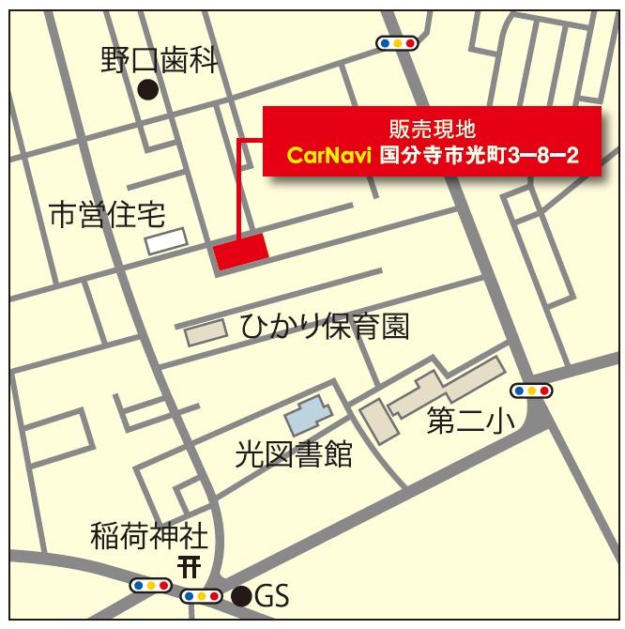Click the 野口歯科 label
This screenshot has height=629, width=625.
[x=160, y=62]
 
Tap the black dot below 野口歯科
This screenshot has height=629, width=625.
[x=146, y=90]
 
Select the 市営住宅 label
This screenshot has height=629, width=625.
[x=107, y=217]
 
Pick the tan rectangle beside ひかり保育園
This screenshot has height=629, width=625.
[x=206, y=331]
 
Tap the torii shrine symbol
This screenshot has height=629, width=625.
[x=189, y=566]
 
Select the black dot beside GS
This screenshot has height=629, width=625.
[x=242, y=595]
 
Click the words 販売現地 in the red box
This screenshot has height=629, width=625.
[x=431, y=126]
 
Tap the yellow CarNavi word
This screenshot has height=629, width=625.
[x=330, y=154]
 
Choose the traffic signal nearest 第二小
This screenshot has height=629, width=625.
[x=531, y=390]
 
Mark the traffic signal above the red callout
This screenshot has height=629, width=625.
[x=397, y=42]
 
